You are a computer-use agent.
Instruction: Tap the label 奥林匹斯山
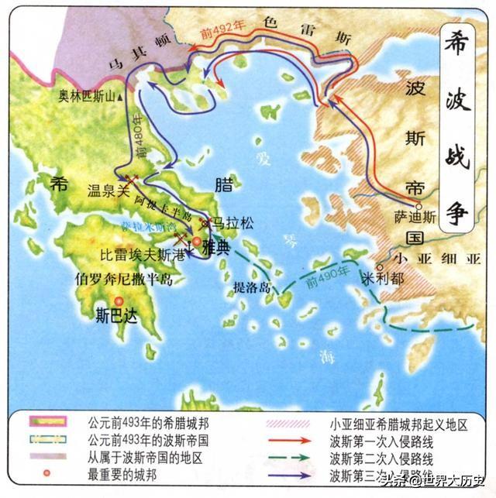91,97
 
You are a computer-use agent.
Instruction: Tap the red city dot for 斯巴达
118,301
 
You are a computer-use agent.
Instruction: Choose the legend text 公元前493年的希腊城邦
143,424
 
